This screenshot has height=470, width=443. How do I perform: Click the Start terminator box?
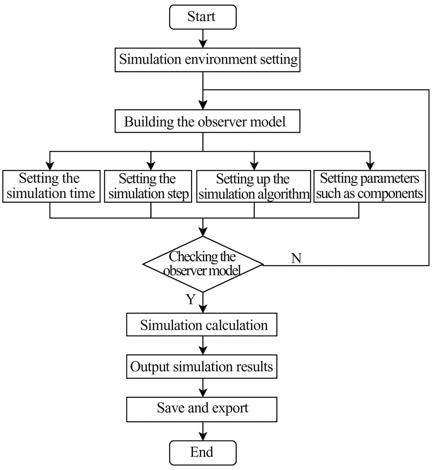point(203,17)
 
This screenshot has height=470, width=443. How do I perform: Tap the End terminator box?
point(203,452)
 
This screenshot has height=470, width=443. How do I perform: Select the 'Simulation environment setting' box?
point(208,60)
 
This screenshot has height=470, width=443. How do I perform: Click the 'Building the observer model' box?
point(208,121)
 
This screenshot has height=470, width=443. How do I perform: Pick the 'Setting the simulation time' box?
point(51,186)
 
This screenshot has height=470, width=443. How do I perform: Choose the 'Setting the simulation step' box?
point(148,186)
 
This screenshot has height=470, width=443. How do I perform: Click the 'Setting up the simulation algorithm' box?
point(253,186)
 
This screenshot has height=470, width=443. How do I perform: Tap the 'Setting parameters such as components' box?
point(370,186)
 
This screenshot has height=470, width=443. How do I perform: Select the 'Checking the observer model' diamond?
point(203,264)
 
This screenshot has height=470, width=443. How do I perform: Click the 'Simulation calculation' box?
point(202,324)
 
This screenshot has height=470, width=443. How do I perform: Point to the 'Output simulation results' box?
point(202,366)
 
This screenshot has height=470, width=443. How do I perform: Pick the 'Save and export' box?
point(202,409)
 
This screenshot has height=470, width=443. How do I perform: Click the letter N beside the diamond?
point(296,258)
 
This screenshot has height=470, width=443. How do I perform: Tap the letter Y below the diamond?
point(191,299)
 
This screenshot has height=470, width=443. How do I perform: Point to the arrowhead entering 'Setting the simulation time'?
point(50,166)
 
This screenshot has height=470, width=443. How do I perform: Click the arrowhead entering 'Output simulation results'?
point(203,351)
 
